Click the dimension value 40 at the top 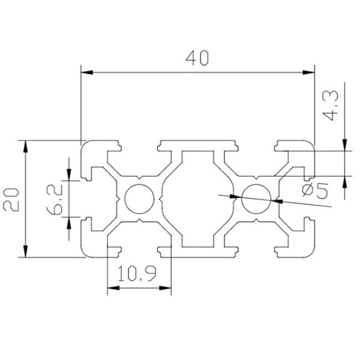coord(197,58)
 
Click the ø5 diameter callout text coord(313,191)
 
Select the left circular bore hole coord(139,199)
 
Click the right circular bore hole coord(256,199)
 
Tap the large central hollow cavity coord(197,199)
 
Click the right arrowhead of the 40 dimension coord(309,73)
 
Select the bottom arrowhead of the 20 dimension coord(26,251)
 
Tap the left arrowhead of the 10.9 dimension coord(112,289)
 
